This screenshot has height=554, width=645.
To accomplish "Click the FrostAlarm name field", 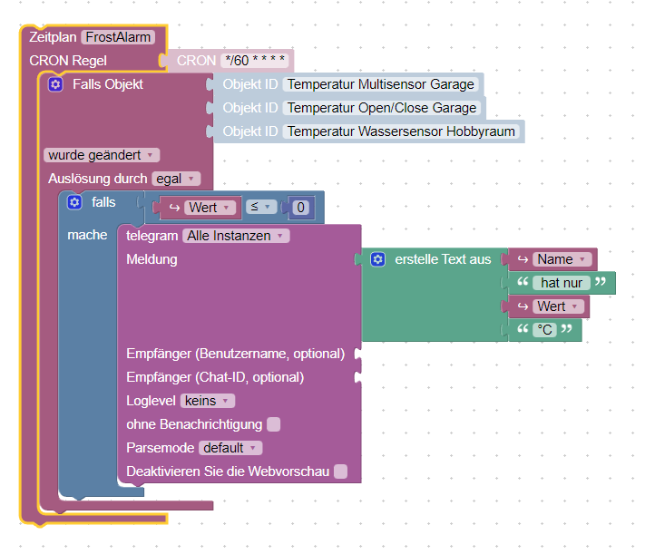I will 118,37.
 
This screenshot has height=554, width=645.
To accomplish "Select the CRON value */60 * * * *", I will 256,61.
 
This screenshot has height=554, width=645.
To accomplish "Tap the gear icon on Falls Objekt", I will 55,84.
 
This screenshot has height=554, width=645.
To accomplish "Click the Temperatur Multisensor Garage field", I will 380,84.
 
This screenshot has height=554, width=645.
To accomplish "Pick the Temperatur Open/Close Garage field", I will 381,108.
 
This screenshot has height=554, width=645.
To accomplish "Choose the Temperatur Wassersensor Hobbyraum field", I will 401,131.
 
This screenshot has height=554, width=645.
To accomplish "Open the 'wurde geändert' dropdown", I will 100,155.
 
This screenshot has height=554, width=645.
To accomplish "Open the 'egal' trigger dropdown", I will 175,179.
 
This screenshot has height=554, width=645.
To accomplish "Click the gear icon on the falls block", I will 74,202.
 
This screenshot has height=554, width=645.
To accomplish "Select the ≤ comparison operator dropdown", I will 262,208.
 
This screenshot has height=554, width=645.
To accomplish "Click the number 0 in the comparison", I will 301,208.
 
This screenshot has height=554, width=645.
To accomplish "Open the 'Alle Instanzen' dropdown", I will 235,236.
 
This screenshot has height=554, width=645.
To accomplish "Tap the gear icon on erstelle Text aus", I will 377,259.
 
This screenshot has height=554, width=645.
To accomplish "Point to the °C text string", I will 544,330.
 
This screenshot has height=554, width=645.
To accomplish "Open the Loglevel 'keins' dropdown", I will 208,401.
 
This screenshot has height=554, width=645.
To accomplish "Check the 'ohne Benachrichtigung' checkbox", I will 274,424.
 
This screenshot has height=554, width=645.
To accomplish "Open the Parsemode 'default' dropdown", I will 230,448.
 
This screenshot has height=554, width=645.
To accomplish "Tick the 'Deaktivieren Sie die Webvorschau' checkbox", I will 340,471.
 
